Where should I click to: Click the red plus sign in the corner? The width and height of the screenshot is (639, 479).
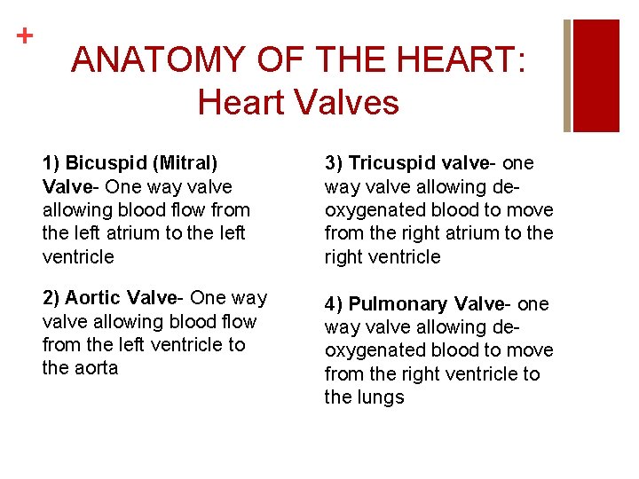pyautogui.click(x=25, y=36)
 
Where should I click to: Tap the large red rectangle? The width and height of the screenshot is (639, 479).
pyautogui.click(x=596, y=75)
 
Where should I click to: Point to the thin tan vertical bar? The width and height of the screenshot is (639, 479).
pyautogui.click(x=568, y=75)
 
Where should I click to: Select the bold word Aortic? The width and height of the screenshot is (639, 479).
pyautogui.click(x=93, y=298)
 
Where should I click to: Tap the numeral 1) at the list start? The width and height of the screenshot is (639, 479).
pyautogui.click(x=51, y=163)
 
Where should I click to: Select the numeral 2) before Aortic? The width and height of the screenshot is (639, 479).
pyautogui.click(x=51, y=298)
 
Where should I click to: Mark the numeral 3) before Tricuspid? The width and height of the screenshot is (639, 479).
pyautogui.click(x=334, y=163)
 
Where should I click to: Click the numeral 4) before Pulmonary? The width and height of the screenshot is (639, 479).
pyautogui.click(x=334, y=304)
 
